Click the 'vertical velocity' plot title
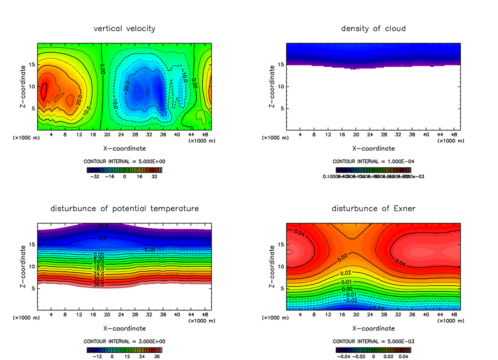point(124,29)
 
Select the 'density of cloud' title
point(373,29)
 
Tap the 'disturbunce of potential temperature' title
point(124,208)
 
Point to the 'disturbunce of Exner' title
point(373,208)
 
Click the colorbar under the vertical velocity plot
point(124,170)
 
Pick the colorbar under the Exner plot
point(373,350)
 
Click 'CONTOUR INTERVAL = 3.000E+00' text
point(124,341)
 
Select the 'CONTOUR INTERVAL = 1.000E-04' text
point(373,161)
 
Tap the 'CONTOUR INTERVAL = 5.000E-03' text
point(373,341)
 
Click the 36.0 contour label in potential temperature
point(98,285)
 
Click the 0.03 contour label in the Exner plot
point(342,258)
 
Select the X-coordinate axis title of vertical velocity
point(124,148)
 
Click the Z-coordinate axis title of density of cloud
point(272,87)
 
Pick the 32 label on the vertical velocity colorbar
point(154,176)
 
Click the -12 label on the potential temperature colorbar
point(97,356)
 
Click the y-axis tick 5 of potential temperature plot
point(34,288)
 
